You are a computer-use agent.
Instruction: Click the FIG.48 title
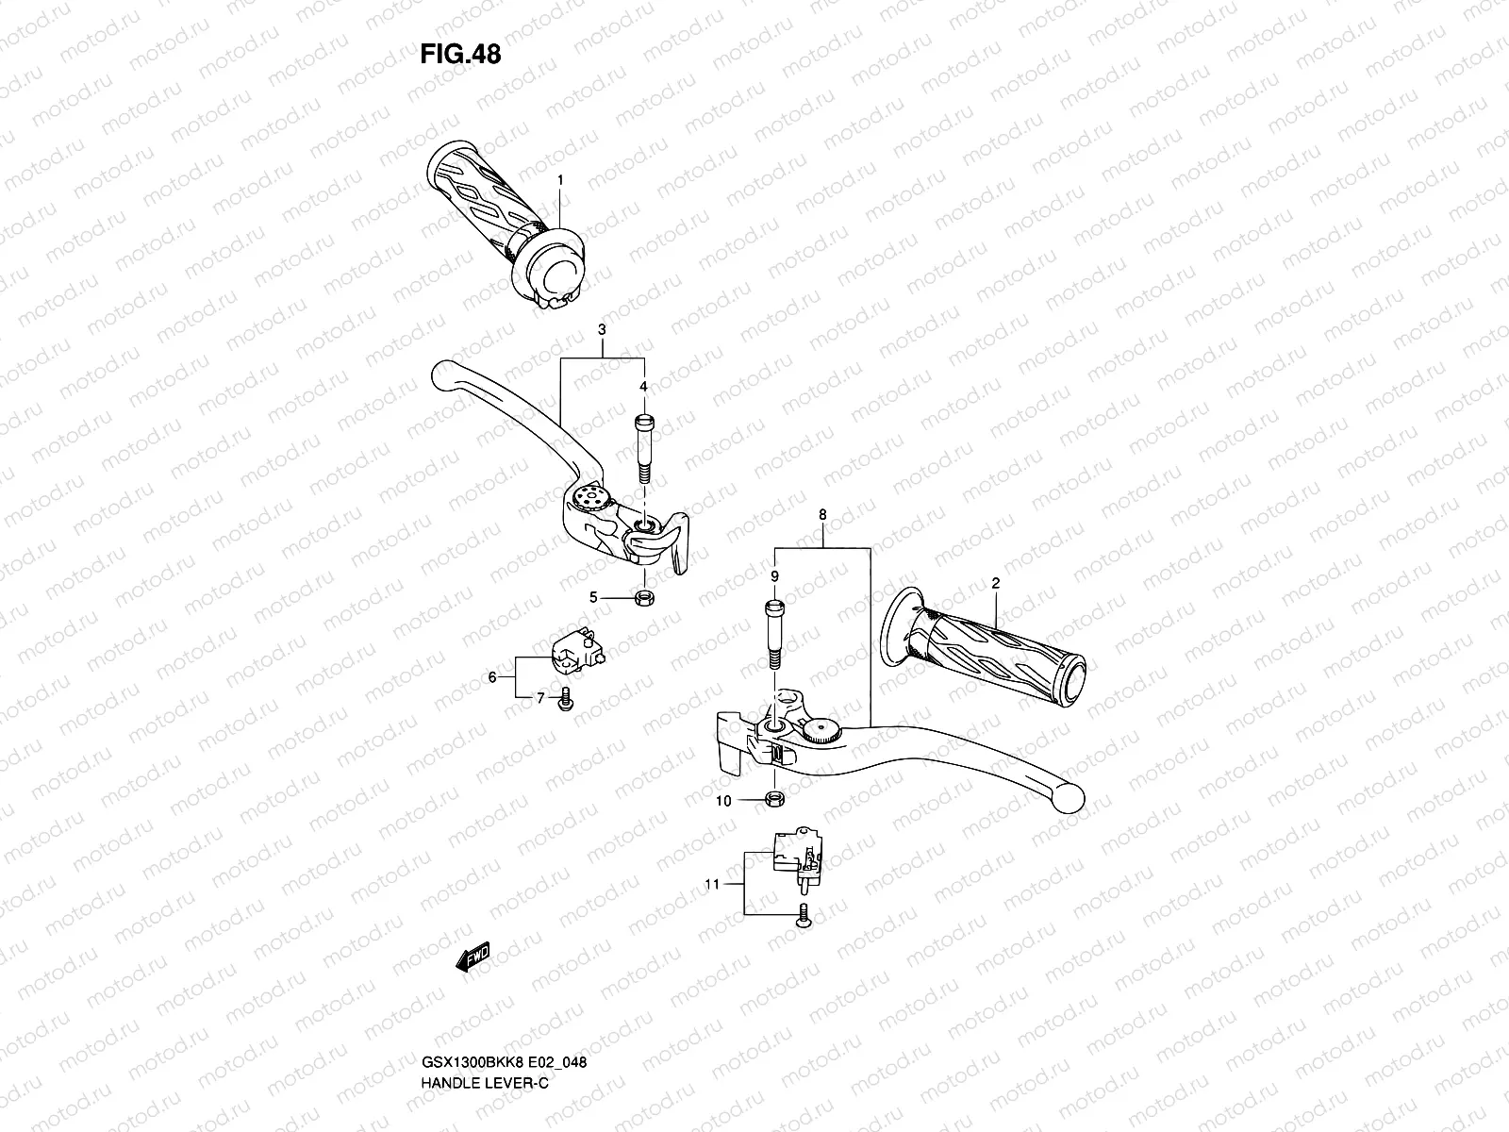click(x=460, y=55)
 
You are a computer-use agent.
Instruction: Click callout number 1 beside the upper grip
click(x=586, y=179)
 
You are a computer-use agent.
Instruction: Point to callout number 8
click(x=822, y=515)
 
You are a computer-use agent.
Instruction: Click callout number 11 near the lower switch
click(x=711, y=885)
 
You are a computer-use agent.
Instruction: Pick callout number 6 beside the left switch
click(x=490, y=677)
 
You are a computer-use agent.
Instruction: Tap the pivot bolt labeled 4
click(x=644, y=450)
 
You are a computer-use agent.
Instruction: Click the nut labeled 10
click(x=773, y=801)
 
